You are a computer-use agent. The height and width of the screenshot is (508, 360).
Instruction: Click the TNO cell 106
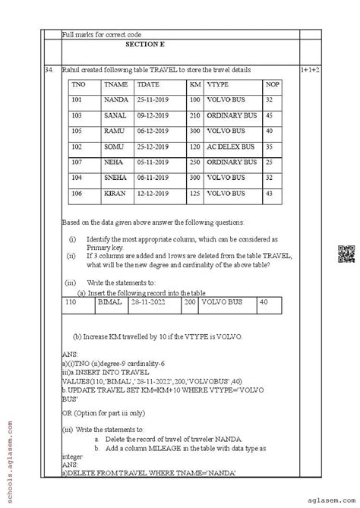[x=77, y=194]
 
